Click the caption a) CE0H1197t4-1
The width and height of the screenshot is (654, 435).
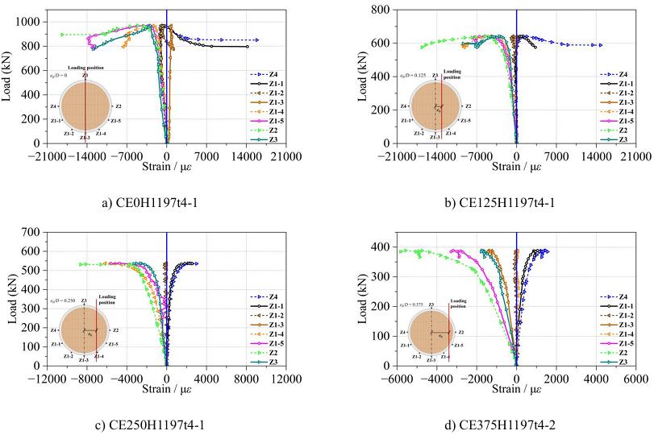click(152, 203)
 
